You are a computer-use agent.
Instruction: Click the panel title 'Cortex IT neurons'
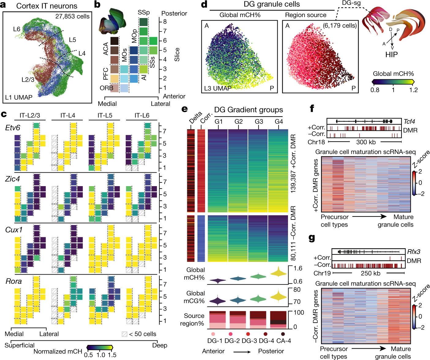[x=47, y=6]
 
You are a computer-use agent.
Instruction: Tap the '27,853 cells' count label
[x=72, y=17]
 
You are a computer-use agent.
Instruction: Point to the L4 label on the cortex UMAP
[x=82, y=54]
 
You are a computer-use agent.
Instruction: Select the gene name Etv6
[x=13, y=128]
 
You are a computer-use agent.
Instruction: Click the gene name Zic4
[x=12, y=179]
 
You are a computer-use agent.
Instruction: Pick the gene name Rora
[x=13, y=281]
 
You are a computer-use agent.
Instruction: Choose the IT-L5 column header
[x=105, y=115]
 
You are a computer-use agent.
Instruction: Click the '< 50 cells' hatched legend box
[x=125, y=334]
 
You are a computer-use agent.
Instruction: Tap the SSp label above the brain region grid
[x=144, y=13]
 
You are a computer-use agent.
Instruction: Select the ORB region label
[x=106, y=88]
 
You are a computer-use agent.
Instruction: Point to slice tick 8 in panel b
[x=165, y=21]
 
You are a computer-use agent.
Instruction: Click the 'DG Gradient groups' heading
[x=248, y=110]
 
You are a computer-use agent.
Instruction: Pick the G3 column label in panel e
[x=259, y=122]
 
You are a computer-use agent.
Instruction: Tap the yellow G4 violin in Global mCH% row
[x=279, y=272]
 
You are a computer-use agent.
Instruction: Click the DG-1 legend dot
[x=213, y=334]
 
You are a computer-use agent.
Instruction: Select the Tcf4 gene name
[x=409, y=122]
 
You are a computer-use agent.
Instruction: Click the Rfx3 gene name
[x=413, y=252]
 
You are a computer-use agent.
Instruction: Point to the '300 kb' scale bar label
[x=366, y=142]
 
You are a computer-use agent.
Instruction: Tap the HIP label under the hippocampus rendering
[x=391, y=54]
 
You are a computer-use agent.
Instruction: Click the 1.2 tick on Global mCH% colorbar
[x=413, y=90]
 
